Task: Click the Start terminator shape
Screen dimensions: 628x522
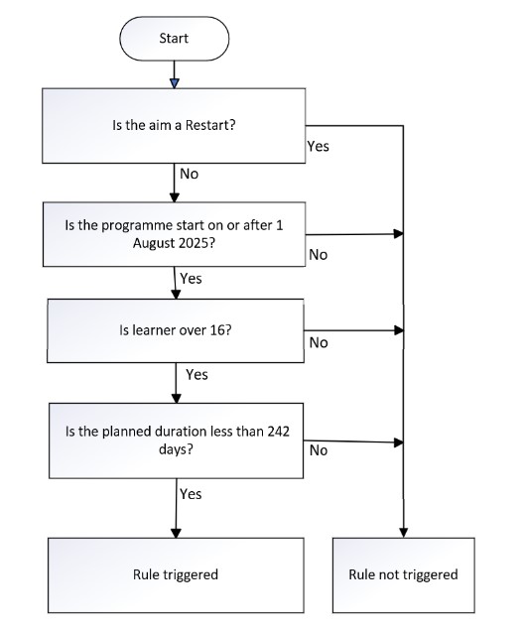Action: point(174,38)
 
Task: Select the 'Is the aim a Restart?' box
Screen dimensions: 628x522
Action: point(174,125)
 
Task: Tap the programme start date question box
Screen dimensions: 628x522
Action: point(174,234)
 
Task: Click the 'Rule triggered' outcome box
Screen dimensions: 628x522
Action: point(175,573)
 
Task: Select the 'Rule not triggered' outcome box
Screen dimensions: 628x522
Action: point(403,573)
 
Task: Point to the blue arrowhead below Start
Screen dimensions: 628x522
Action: point(175,82)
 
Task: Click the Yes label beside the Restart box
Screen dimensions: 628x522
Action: point(319,146)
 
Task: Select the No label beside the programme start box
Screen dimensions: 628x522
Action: point(319,254)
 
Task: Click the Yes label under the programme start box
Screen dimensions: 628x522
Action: point(192,279)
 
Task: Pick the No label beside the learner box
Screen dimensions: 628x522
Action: point(319,342)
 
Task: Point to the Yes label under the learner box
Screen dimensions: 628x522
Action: point(196,375)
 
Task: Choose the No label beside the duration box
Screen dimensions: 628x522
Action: point(319,449)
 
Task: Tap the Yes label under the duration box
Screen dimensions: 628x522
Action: point(192,492)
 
